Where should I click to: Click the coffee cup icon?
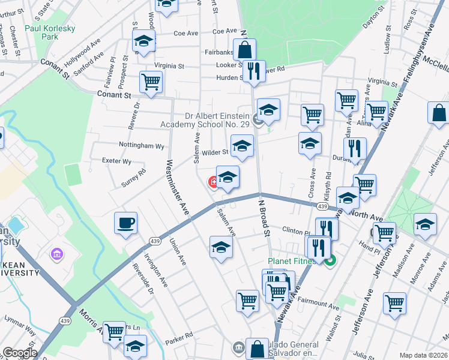click(126, 223)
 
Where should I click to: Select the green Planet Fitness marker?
click(330, 261)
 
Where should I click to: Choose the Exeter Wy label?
click(117, 161)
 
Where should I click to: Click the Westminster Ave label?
click(178, 181)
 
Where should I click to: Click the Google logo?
click(19, 352)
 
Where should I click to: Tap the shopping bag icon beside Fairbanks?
click(245, 49)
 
